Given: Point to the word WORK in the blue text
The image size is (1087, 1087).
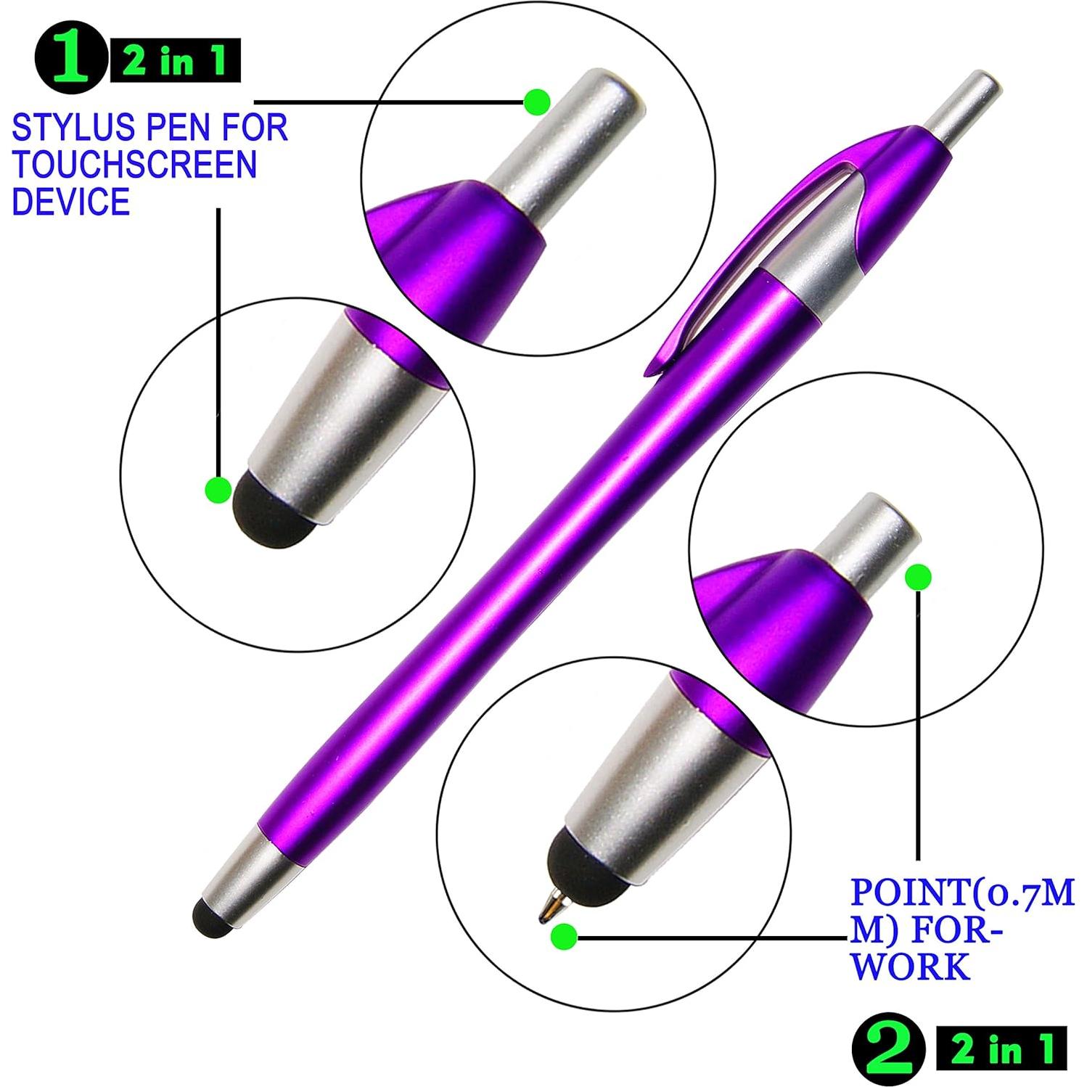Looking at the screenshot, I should (x=910, y=967).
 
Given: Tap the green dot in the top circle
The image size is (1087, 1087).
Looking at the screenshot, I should (x=537, y=102).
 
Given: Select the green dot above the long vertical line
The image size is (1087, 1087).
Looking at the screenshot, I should (x=919, y=577).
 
